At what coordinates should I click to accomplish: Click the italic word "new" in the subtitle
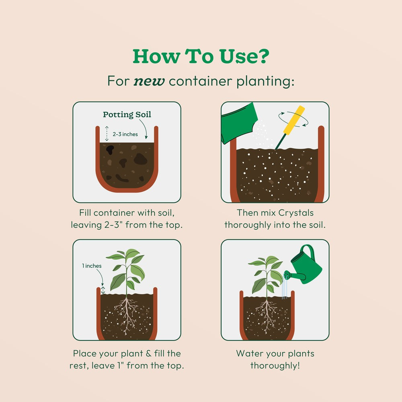tap(149, 81)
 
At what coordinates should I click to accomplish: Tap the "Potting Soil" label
tap(127, 114)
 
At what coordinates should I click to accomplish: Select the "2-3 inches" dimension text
tap(125, 134)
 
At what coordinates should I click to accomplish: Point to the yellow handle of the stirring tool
tap(294, 120)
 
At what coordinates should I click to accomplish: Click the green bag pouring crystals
tap(238, 122)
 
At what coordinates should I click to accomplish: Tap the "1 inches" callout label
tap(92, 266)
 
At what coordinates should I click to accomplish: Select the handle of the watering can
tap(308, 251)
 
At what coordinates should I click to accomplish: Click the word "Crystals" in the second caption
tap(296, 213)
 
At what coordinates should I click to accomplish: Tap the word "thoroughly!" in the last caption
tap(275, 365)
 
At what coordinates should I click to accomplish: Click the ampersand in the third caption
tap(148, 353)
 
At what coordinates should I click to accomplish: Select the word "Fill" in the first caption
tap(85, 213)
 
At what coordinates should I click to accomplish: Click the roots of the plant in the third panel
tap(126, 315)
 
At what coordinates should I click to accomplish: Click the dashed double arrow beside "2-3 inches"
tap(107, 133)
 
